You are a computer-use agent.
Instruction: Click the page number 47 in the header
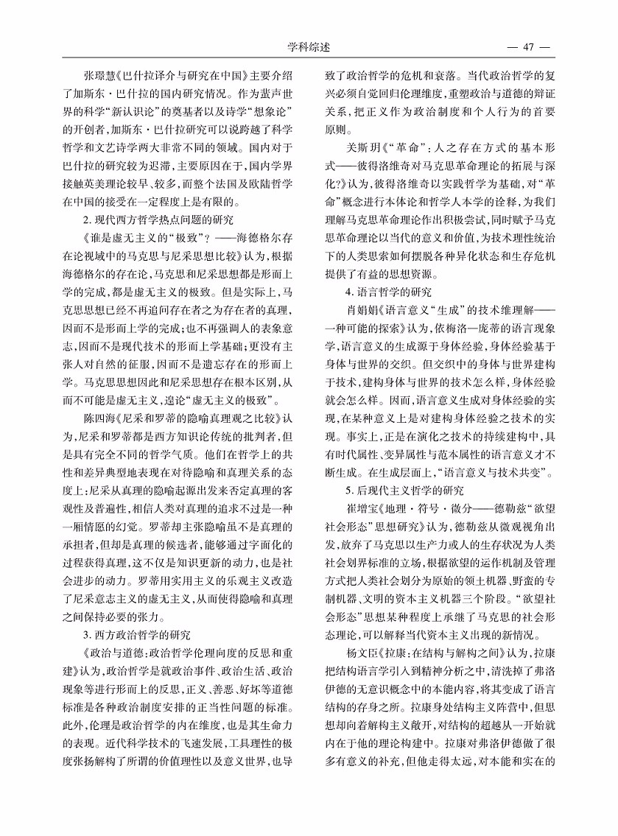(x=527, y=48)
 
